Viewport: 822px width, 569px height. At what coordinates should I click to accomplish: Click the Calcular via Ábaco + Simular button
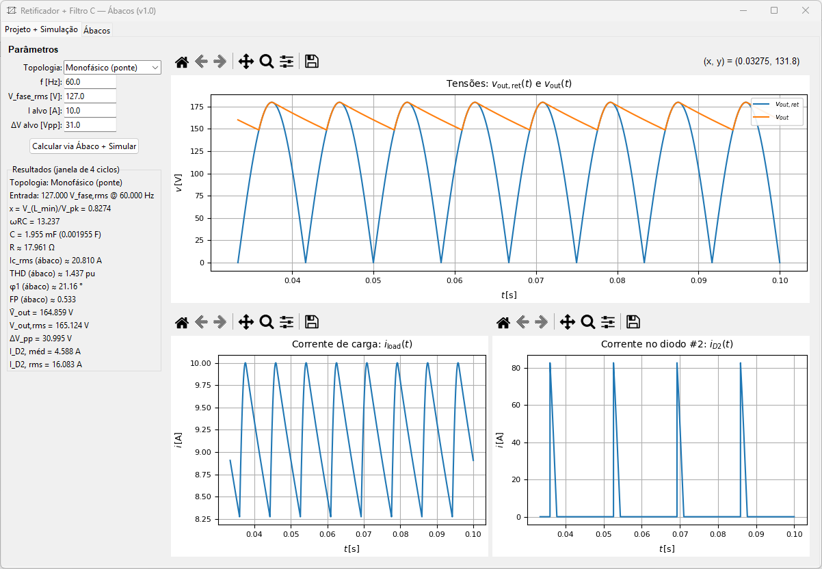click(85, 146)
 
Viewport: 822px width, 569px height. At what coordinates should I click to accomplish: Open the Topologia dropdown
click(112, 67)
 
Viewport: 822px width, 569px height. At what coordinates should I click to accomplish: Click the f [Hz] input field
click(90, 81)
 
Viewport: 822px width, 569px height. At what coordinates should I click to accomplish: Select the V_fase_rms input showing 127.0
click(90, 96)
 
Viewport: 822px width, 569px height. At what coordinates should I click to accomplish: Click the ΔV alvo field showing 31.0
click(90, 124)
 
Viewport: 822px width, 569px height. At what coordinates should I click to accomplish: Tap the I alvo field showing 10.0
click(90, 110)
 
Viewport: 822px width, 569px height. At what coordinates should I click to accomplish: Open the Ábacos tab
click(97, 30)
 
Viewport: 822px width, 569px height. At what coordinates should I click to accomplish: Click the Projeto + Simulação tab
click(41, 29)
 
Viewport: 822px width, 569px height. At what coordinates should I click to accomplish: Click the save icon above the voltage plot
click(312, 62)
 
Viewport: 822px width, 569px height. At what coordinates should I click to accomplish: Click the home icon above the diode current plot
click(503, 322)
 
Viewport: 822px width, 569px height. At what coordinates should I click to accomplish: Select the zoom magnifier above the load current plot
click(267, 322)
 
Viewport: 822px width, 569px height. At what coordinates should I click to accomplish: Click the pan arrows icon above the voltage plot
click(246, 62)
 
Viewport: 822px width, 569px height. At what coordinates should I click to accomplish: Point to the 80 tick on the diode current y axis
click(516, 368)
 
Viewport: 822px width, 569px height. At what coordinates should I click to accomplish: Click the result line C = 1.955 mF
click(55, 235)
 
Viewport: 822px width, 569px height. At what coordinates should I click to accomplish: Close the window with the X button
click(805, 10)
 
